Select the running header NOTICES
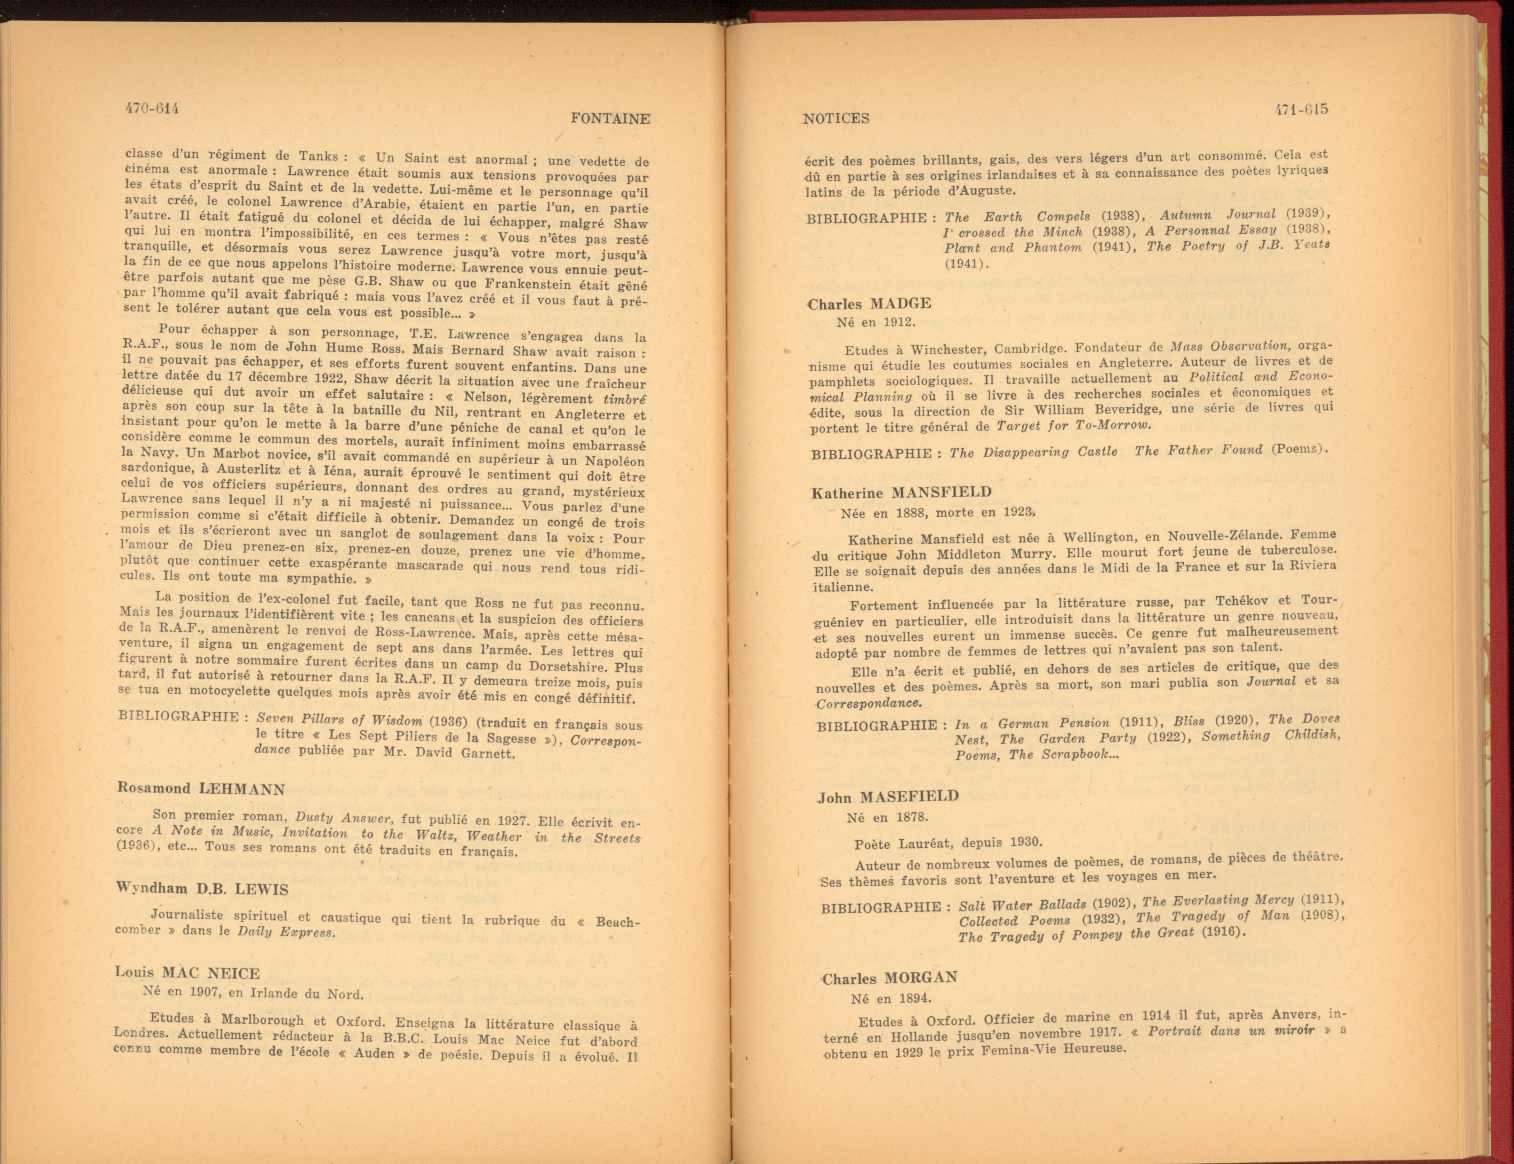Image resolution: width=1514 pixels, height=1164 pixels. pos(836,119)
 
